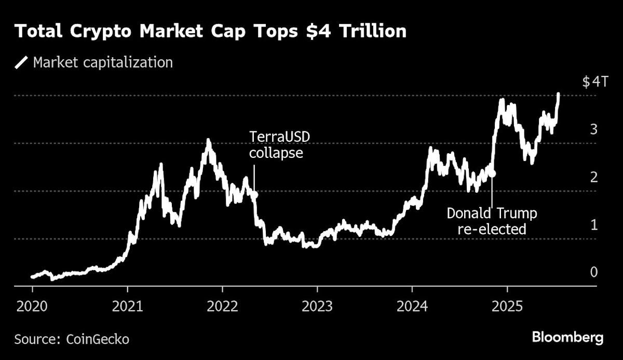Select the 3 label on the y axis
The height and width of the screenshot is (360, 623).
593,129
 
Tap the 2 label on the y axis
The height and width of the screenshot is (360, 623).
593,177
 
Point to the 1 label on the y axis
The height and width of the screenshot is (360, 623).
594,225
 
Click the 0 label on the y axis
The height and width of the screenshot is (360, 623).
593,272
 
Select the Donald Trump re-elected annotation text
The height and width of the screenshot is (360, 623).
492,221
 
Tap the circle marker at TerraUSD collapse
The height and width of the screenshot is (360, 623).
254,194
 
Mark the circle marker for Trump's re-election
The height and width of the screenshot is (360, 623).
492,174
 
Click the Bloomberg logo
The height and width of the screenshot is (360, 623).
567,338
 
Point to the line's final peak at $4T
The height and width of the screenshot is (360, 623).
558,95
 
